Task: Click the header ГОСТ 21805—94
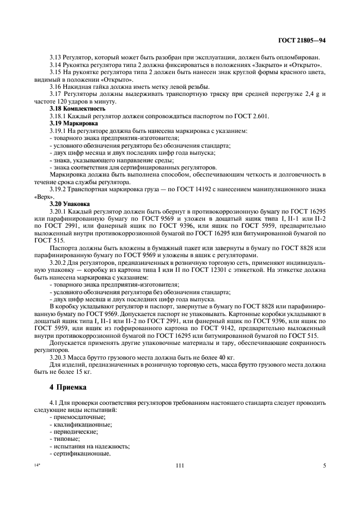(303, 40)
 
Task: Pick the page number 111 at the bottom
(180, 465)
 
